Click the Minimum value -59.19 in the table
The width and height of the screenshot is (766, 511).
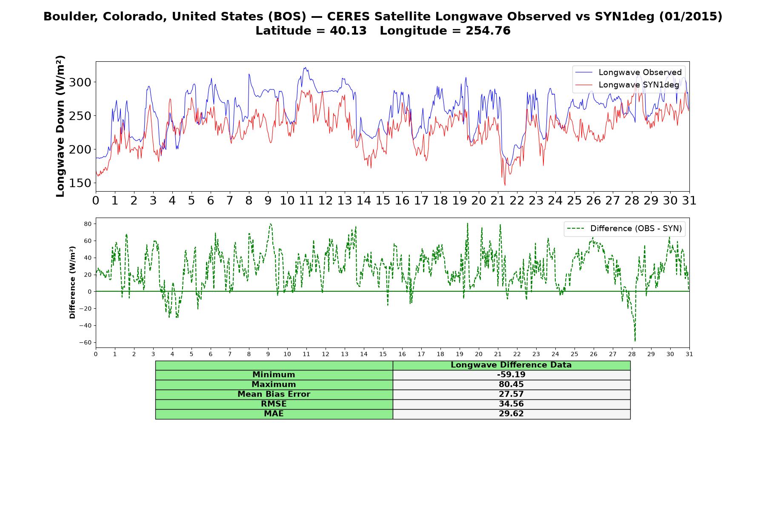click(511, 375)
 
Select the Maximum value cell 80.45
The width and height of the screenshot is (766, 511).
click(511, 385)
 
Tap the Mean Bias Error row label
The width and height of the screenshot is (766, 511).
click(274, 394)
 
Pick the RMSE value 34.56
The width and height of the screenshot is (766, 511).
click(511, 404)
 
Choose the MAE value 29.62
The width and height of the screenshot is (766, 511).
click(511, 414)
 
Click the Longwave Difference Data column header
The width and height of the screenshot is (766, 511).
click(511, 365)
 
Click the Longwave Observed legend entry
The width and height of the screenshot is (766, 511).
click(628, 72)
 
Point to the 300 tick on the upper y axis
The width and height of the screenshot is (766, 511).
click(80, 82)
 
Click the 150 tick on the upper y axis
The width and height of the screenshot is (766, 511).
click(80, 183)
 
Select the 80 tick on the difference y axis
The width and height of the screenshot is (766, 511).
click(88, 224)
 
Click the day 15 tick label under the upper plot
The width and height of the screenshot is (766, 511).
click(383, 201)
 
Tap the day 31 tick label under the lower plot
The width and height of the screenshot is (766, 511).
click(689, 354)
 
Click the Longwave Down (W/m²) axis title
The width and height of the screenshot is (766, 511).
click(60, 126)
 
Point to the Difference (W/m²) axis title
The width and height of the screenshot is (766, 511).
click(72, 282)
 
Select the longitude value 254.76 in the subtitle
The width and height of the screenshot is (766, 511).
click(488, 31)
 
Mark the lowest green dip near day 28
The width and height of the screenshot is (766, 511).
click(635, 340)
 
